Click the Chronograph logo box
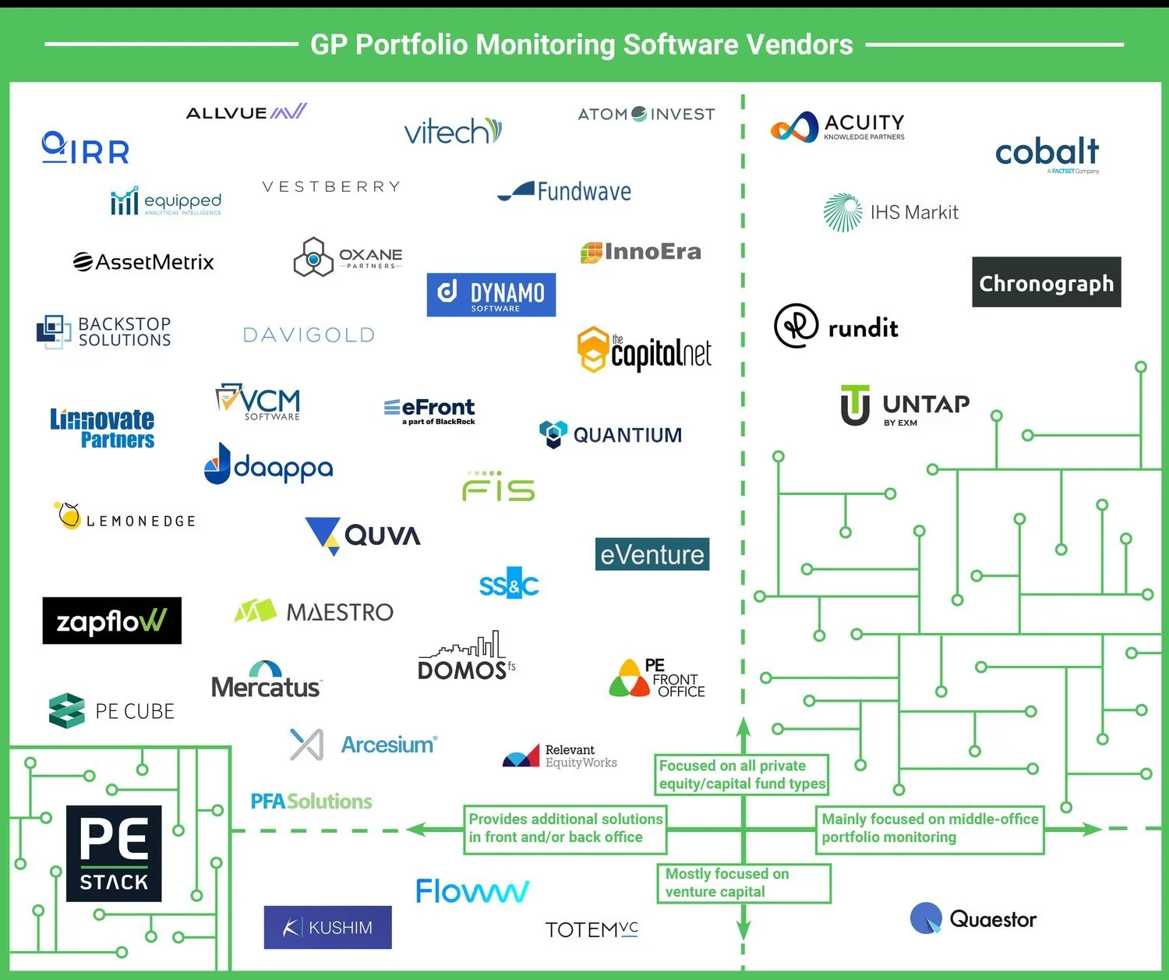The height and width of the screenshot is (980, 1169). tap(1046, 282)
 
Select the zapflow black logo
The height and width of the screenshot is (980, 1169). tap(111, 621)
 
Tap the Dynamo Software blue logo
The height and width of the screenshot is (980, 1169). tap(491, 295)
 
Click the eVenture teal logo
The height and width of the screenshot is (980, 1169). tap(652, 554)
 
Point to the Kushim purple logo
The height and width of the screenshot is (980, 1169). tap(327, 927)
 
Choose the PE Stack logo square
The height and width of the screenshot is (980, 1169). tap(114, 853)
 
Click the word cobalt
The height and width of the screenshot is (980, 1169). tap(1047, 151)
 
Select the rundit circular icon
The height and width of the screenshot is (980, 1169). tap(796, 326)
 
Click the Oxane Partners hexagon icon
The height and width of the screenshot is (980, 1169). tap(313, 257)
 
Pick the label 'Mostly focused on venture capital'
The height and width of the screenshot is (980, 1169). tap(743, 883)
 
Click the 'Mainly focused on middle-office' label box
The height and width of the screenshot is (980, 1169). tap(930, 828)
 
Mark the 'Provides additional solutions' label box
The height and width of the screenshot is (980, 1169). tap(565, 828)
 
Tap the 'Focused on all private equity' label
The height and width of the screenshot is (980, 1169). tap(741, 774)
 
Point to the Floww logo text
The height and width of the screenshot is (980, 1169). tap(472, 891)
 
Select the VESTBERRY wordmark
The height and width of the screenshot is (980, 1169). tap(331, 187)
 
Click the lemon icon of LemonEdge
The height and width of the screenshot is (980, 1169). tap(69, 515)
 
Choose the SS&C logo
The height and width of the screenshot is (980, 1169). tap(509, 584)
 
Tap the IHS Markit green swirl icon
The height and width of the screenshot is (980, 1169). tap(842, 212)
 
